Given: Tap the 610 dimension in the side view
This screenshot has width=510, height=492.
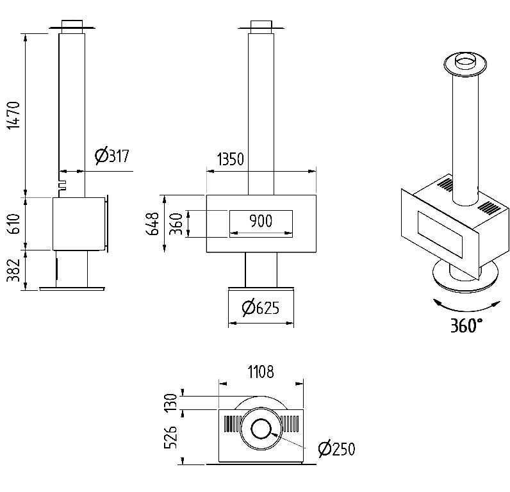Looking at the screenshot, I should tap(14, 224).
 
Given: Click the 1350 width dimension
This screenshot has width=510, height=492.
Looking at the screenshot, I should tap(231, 159).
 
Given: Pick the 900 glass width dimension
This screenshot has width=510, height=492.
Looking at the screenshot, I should tap(260, 222).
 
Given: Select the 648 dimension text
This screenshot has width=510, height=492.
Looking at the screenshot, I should tap(153, 224).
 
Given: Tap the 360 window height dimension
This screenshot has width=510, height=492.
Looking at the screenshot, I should tap(175, 224).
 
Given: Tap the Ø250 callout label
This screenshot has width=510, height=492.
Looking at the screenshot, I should tap(336, 448).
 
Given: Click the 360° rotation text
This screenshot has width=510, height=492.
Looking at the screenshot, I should tap(465, 325).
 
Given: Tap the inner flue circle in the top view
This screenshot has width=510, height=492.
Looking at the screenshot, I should tap(260, 429).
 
